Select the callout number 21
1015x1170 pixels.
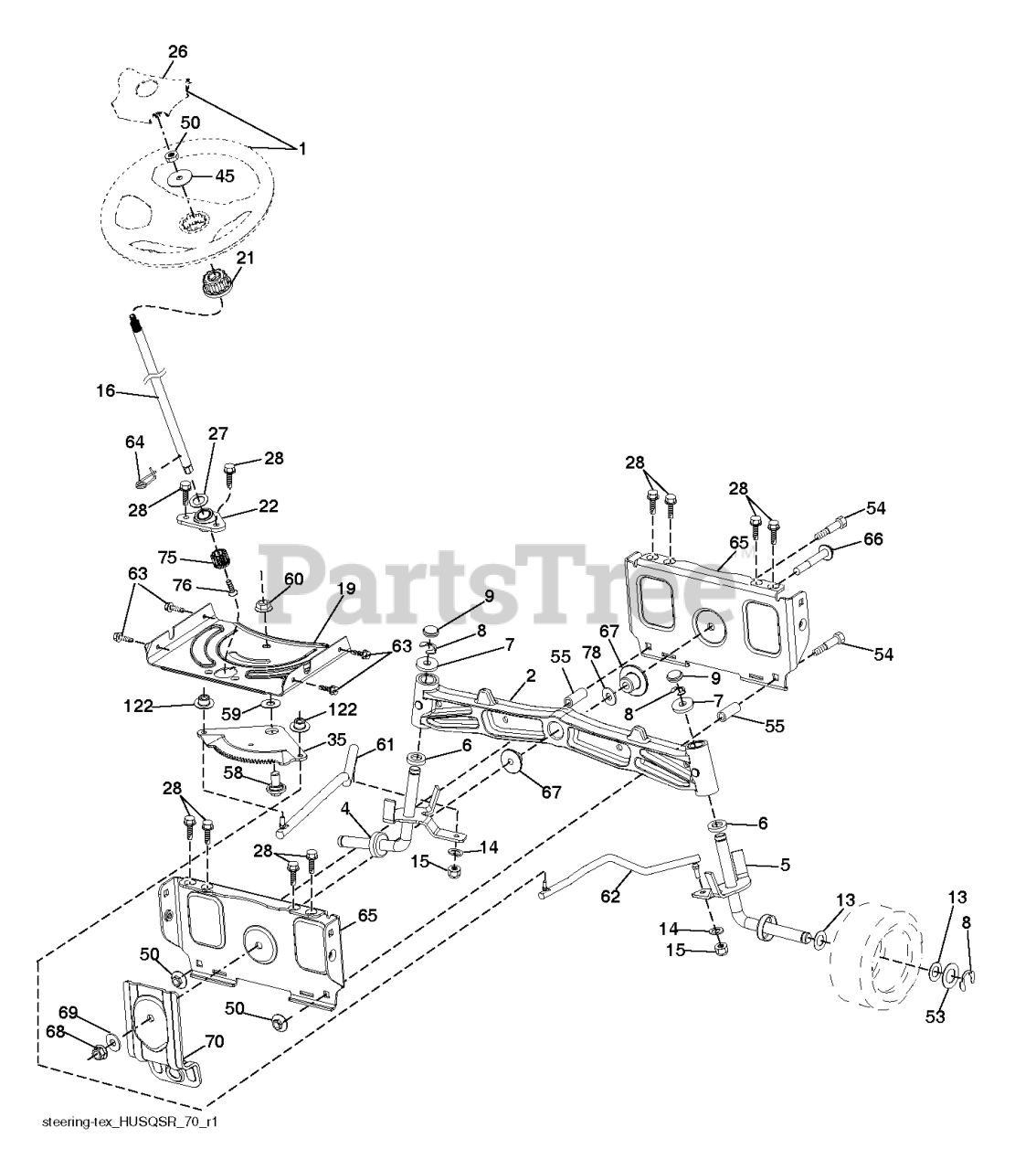(244, 260)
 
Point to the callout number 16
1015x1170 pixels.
(106, 390)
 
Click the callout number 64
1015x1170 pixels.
(134, 442)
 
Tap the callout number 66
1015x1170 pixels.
(873, 539)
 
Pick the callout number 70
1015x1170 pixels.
(215, 1041)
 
